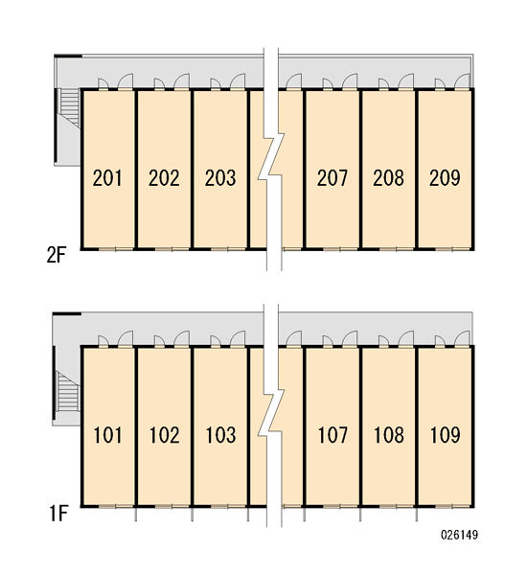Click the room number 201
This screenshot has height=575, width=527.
click(x=107, y=178)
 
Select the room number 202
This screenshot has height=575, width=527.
click(x=164, y=178)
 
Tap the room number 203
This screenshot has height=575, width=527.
click(x=220, y=178)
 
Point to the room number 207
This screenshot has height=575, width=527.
click(x=332, y=178)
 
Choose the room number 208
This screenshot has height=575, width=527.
click(x=388, y=178)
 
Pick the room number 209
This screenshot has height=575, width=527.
click(x=445, y=178)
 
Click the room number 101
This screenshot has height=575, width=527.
click(x=107, y=435)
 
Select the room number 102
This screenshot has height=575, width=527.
click(x=164, y=435)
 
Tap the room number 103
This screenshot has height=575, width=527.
click(x=220, y=435)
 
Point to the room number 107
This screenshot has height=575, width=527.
click(x=332, y=435)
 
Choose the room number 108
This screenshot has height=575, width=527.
click(x=389, y=435)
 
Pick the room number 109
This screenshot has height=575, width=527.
click(x=445, y=435)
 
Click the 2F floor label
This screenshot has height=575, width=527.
click(x=57, y=255)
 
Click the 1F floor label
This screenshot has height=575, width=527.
click(x=58, y=513)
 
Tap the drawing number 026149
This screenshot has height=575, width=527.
click(x=460, y=535)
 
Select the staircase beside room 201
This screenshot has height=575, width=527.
click(x=70, y=107)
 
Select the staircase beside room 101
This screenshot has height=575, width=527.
click(x=68, y=391)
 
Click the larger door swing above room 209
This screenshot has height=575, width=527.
click(x=462, y=81)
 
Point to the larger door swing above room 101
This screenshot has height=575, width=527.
click(x=126, y=338)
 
